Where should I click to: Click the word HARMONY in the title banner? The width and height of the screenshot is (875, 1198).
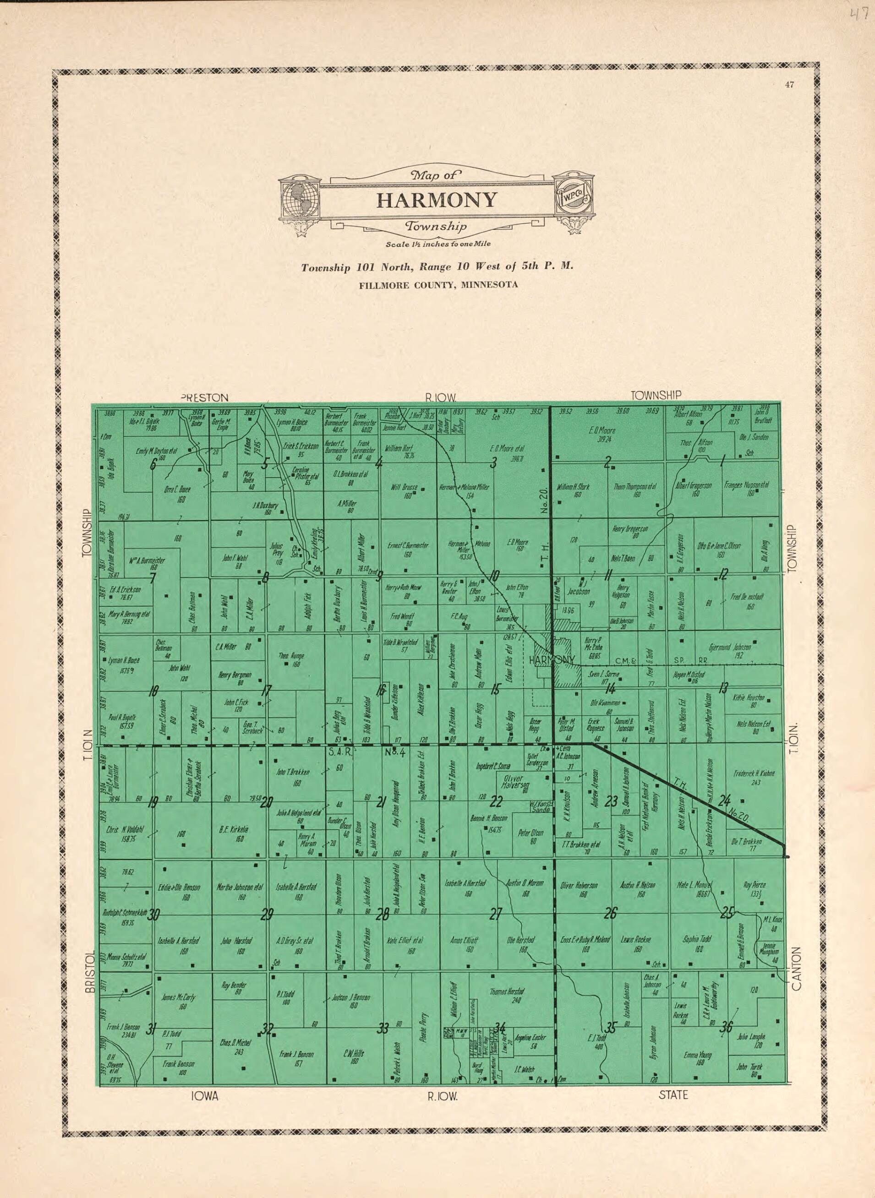click(437, 200)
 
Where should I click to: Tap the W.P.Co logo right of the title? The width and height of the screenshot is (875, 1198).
click(574, 196)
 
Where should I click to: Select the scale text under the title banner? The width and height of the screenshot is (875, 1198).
click(437, 244)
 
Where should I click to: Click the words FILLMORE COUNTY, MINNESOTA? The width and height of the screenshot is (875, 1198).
click(438, 285)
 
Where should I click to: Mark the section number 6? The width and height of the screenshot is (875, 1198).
click(153, 464)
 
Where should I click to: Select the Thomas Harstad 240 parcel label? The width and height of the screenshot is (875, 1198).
click(507, 995)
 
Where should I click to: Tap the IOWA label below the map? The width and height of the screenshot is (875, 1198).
click(204, 1097)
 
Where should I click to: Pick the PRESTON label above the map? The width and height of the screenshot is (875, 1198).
click(204, 397)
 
